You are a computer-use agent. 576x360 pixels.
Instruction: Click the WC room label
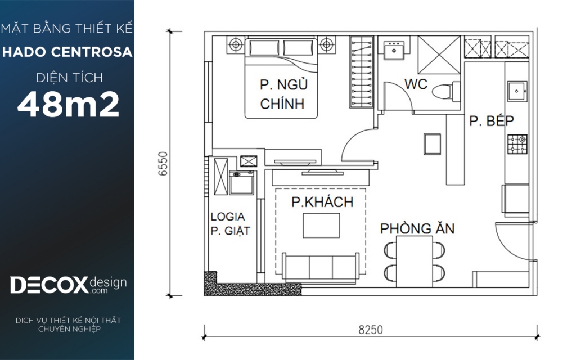tap(416, 84)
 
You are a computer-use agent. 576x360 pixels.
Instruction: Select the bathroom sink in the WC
tap(394, 50)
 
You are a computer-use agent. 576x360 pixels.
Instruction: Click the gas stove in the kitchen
tap(517, 144)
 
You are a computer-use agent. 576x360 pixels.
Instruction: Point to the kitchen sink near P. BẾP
tap(517, 91)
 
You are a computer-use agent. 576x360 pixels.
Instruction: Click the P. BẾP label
tap(492, 120)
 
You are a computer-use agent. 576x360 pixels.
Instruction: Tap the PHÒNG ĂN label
tap(417, 228)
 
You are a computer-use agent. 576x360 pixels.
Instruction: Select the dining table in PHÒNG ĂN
tap(415, 261)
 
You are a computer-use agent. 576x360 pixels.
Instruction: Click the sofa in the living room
tap(321, 268)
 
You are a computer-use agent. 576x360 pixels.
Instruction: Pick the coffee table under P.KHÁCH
tap(321, 226)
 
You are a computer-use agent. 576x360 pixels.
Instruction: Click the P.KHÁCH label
tap(322, 202)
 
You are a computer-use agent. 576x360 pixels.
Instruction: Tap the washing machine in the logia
tap(241, 182)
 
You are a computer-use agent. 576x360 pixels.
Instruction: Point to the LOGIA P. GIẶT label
tap(230, 224)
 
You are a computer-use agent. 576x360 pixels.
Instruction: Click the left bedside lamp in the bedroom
tap(236, 45)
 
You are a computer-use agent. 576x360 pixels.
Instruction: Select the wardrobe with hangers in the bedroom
tap(362, 72)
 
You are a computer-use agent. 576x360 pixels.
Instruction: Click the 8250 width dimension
tap(370, 330)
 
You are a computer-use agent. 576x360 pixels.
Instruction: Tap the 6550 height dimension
tap(163, 164)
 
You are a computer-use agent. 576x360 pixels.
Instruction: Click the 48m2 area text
tap(68, 104)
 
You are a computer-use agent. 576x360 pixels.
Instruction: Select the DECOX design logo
tap(68, 285)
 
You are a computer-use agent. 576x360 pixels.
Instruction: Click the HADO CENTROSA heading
tap(67, 52)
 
